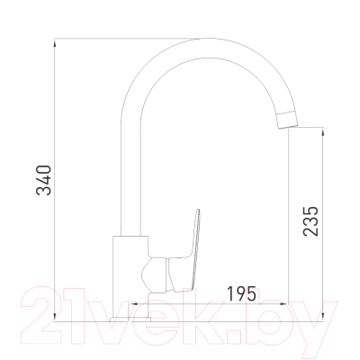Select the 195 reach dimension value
point(242,293)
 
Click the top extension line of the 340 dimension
point(126,39)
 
